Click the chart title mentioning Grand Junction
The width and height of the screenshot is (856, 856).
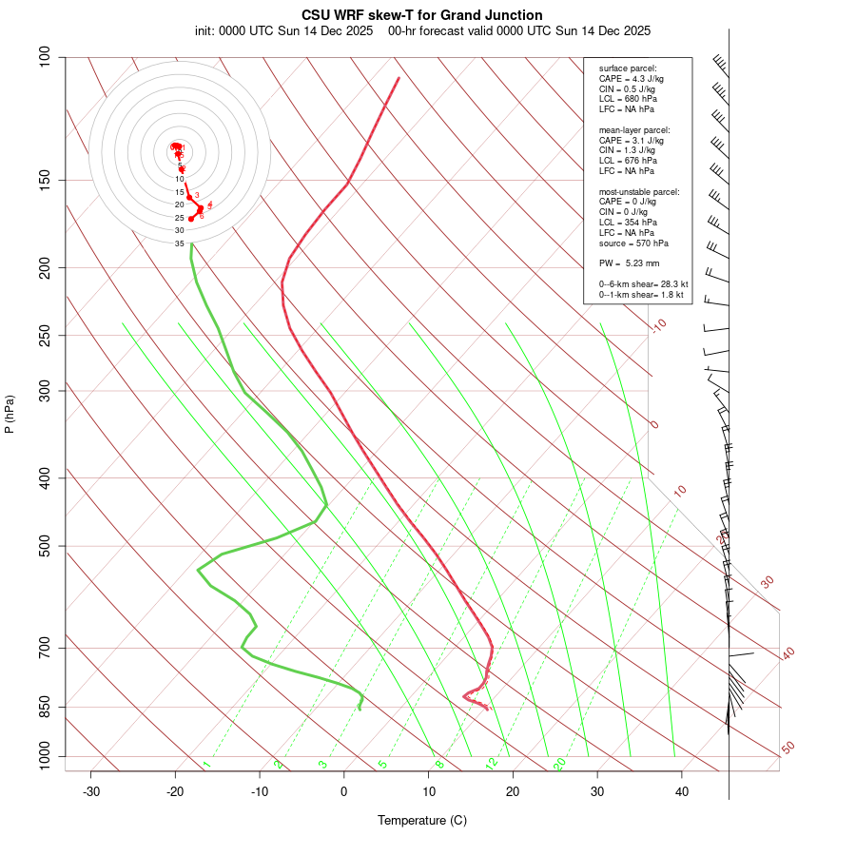pyautogui.click(x=422, y=15)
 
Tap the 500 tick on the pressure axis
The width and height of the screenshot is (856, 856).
pyautogui.click(x=44, y=546)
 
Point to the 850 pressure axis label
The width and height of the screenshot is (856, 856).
pyautogui.click(x=44, y=707)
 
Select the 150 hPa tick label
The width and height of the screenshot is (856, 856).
pyautogui.click(x=44, y=180)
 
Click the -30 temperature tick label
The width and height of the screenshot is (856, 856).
pyautogui.click(x=91, y=791)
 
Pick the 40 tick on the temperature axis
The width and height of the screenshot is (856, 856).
pyautogui.click(x=681, y=791)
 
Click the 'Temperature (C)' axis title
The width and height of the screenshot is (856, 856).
pyautogui.click(x=422, y=820)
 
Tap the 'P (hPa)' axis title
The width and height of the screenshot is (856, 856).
pyautogui.click(x=10, y=414)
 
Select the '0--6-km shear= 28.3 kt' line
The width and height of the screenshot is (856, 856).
pyautogui.click(x=643, y=283)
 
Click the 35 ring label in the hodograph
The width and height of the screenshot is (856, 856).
pyautogui.click(x=179, y=243)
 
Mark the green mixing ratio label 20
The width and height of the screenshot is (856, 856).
pyautogui.click(x=559, y=763)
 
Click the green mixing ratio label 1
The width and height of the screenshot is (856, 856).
pyautogui.click(x=206, y=764)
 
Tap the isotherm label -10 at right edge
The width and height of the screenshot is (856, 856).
pyautogui.click(x=658, y=325)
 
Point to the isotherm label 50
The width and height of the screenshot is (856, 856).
pyautogui.click(x=788, y=749)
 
